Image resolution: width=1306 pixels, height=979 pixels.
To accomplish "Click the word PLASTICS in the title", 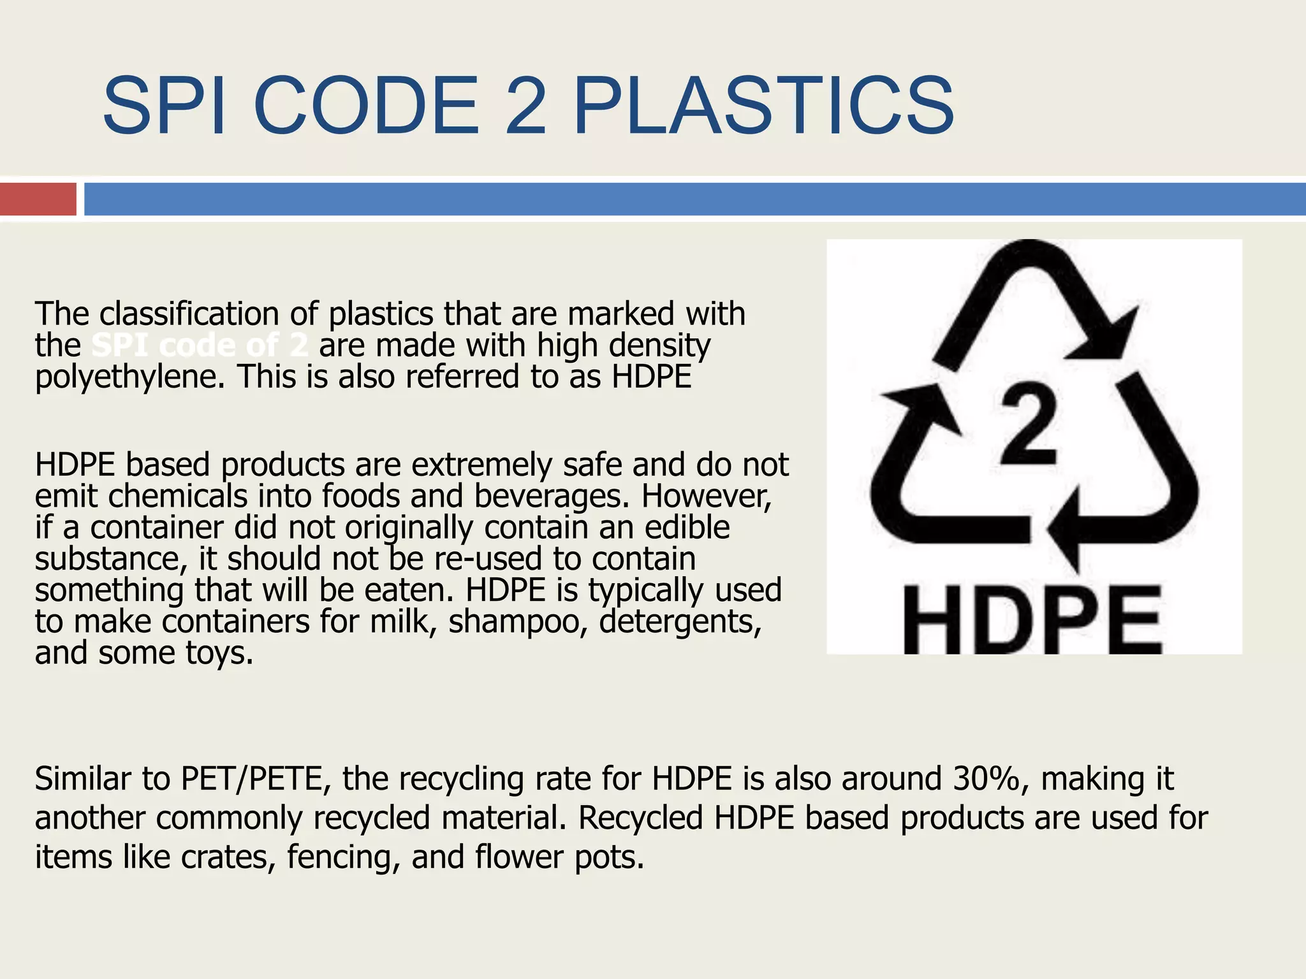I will pos(763,106).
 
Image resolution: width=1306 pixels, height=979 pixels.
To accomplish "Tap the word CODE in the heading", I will pos(367,106).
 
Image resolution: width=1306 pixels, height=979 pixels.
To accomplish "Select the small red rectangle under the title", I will pos(38,199).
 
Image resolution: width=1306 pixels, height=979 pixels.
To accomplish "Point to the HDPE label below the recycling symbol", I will pos(1031,620).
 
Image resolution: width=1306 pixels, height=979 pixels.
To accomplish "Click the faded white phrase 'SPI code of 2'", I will pos(200,346).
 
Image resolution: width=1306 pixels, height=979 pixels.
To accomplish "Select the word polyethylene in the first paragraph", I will pos(130,377).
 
